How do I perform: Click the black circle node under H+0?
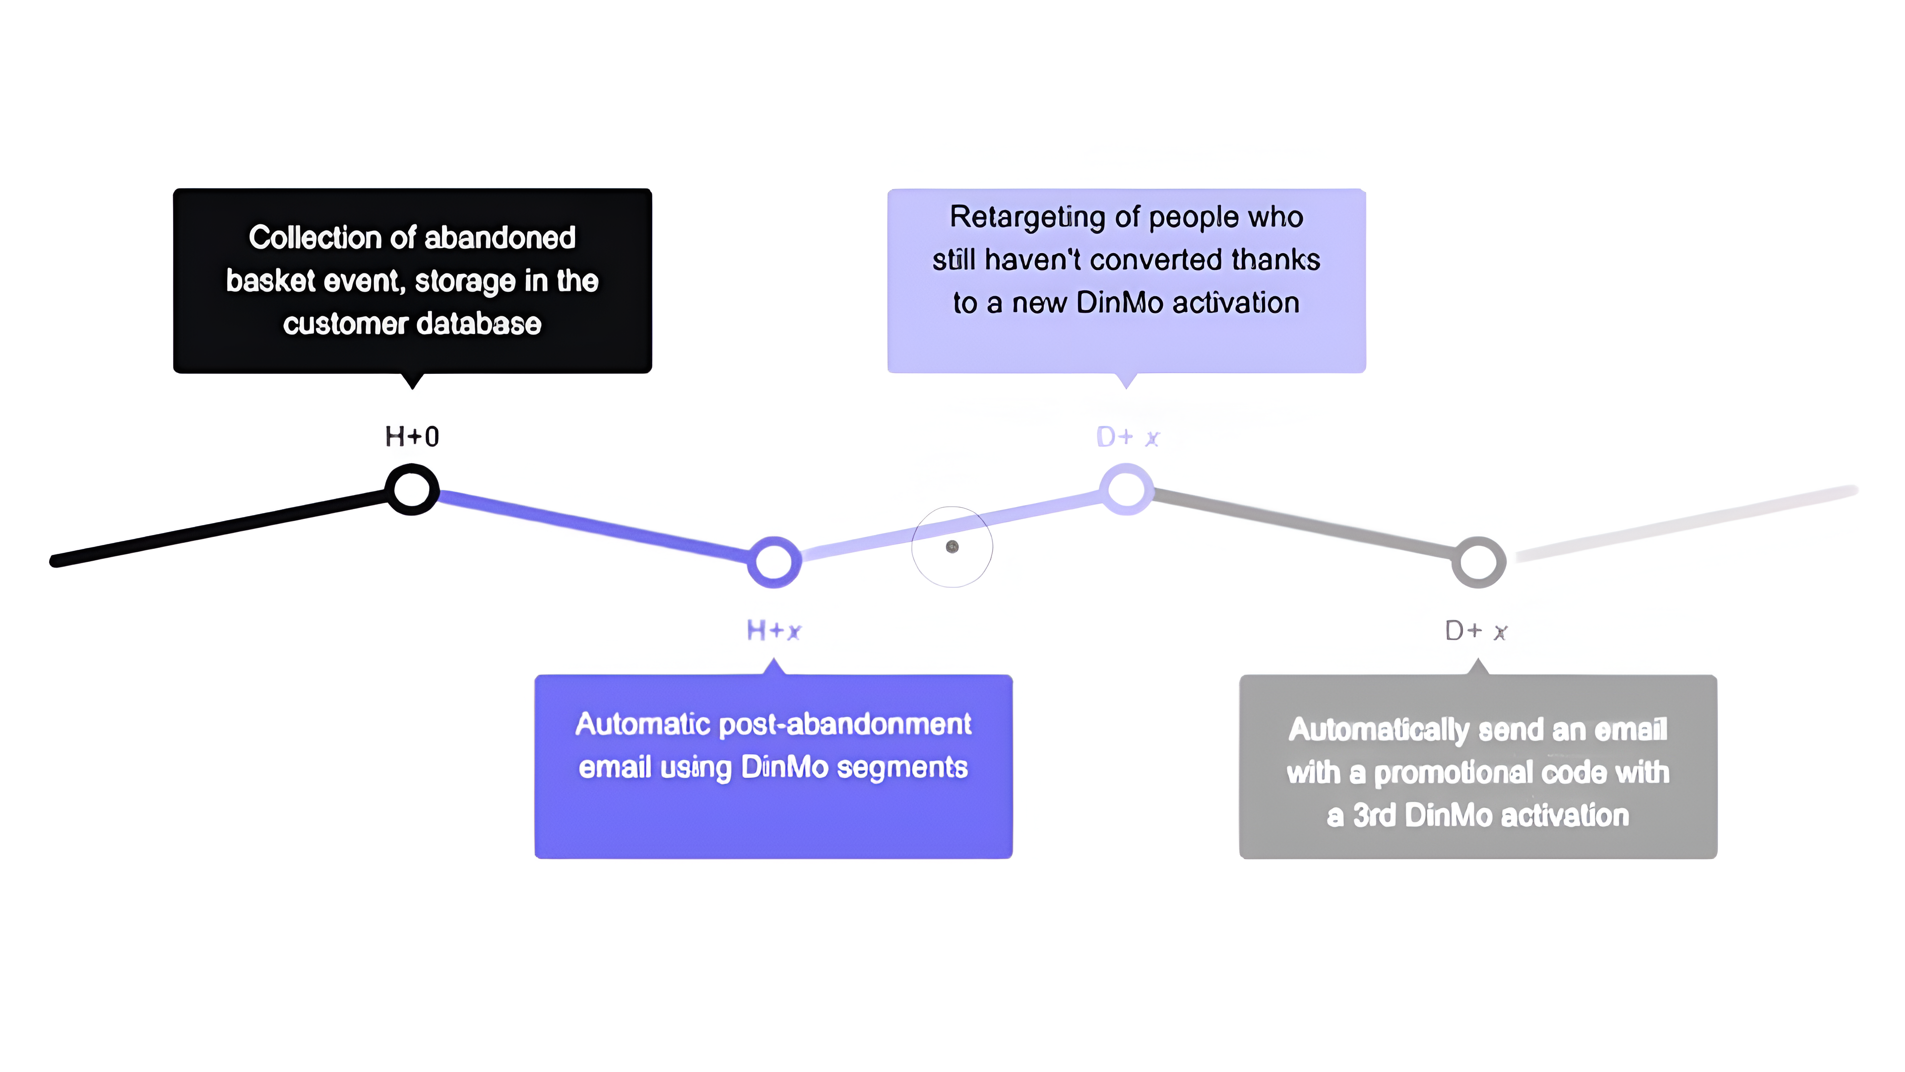[412, 489]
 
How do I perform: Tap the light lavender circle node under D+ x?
[1126, 489]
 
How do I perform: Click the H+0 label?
[412, 437]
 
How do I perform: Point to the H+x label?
[773, 630]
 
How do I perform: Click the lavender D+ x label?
[1127, 437]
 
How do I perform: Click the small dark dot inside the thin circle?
[952, 547]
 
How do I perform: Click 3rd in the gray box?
[1373, 815]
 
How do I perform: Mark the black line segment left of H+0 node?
[222, 526]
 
